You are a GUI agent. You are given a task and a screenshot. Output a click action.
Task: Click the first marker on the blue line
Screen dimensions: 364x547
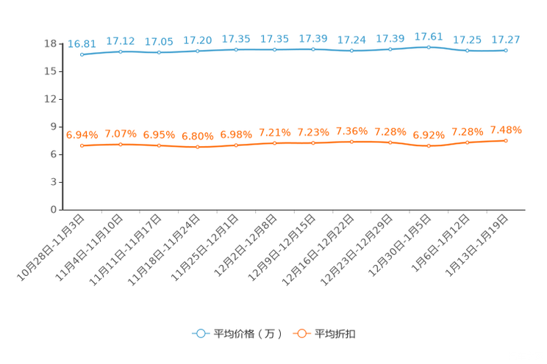point(82,54)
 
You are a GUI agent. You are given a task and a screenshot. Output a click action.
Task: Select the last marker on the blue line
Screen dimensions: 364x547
point(506,51)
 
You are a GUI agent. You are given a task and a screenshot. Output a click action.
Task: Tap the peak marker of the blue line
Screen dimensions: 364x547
point(429,47)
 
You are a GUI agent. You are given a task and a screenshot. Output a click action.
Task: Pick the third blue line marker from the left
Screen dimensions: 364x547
point(159,52)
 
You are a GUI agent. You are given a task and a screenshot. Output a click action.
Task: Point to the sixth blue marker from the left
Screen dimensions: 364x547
point(275,50)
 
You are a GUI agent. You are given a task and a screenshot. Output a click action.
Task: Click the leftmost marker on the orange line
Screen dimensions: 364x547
point(82,145)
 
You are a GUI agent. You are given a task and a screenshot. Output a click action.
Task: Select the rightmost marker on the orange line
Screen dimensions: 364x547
point(506,140)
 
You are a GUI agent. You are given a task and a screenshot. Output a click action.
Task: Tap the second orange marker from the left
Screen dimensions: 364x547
point(121,145)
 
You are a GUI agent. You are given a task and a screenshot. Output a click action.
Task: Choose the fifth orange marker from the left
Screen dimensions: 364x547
point(236,145)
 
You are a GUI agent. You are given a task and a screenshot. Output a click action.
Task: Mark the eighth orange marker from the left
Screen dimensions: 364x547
point(351,142)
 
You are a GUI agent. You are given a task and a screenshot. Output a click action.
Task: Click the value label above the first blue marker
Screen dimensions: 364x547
point(82,43)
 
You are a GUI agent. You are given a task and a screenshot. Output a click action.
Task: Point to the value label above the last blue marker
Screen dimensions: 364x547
point(506,40)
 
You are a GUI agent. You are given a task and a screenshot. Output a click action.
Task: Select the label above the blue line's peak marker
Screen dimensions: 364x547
point(429,36)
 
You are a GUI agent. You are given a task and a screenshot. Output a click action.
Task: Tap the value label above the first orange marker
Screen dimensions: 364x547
point(82,134)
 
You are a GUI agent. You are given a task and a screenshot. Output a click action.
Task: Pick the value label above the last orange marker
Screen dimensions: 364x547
point(506,130)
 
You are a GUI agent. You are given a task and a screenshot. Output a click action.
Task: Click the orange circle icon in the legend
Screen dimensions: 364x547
point(301,333)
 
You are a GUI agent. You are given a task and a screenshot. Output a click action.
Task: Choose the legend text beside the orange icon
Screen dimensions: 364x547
point(335,334)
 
